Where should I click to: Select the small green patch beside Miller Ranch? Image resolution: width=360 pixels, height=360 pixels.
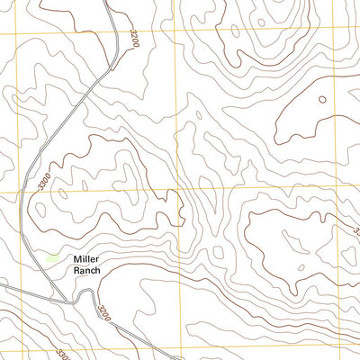click(53, 258)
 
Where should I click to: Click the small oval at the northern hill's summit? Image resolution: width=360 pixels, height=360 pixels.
click(260, 22)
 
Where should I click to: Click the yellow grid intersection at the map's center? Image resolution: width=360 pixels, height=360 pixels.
click(181, 191)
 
